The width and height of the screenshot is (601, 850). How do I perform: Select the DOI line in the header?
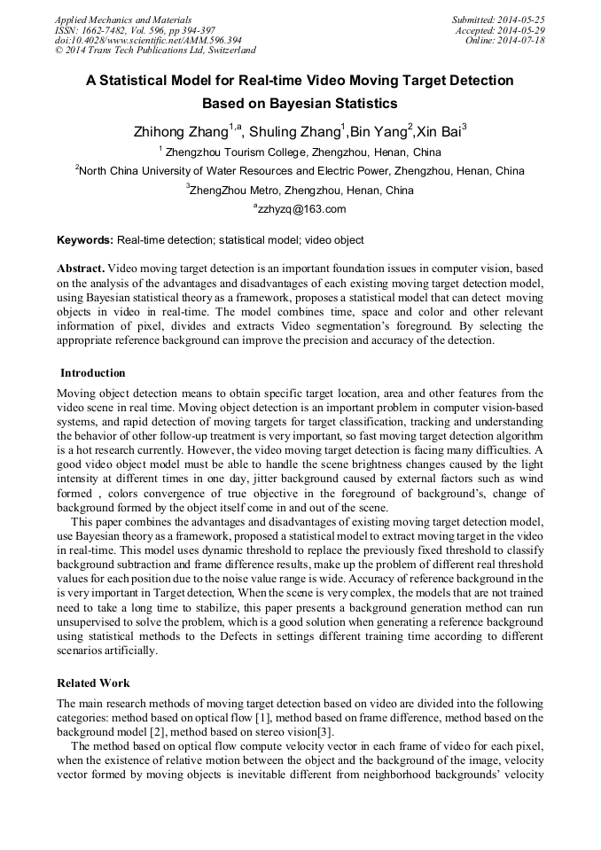pos(148,41)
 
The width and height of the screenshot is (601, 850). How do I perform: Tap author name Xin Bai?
pos(438,132)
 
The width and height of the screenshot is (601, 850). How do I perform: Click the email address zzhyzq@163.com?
pos(300,209)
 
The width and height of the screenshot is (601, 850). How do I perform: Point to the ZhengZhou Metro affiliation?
pos(300,190)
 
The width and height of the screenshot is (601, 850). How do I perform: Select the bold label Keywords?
pos(85,240)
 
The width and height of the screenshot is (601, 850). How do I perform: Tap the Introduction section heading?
pos(93,373)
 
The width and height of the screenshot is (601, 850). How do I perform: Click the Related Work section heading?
pos(93,683)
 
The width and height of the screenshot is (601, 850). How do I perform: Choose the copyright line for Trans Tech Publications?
pos(155,51)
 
